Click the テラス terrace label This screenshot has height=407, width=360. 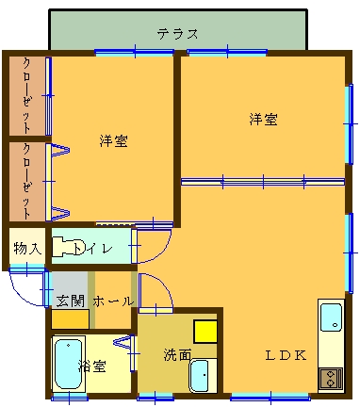[x=178, y=34]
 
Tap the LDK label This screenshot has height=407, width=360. [x=286, y=355]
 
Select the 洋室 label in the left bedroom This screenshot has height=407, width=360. [x=114, y=141]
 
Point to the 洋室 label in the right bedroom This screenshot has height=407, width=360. [x=263, y=120]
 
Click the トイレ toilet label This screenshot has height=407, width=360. [x=92, y=249]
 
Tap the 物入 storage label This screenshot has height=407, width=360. [x=27, y=249]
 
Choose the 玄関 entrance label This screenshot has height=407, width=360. [x=71, y=301]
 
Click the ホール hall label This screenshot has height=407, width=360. [x=113, y=301]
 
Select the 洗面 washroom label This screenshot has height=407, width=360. [x=177, y=355]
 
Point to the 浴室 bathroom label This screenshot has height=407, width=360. [x=92, y=366]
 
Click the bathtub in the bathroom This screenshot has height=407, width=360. [x=69, y=365]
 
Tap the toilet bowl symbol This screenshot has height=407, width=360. [x=68, y=248]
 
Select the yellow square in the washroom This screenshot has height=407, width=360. [x=205, y=332]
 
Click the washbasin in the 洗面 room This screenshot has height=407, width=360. [x=199, y=375]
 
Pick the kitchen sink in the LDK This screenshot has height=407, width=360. [x=331, y=317]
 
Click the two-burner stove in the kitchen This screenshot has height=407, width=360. [x=331, y=379]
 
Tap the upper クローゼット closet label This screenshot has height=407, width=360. [x=27, y=96]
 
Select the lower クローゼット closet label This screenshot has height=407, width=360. [x=27, y=182]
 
